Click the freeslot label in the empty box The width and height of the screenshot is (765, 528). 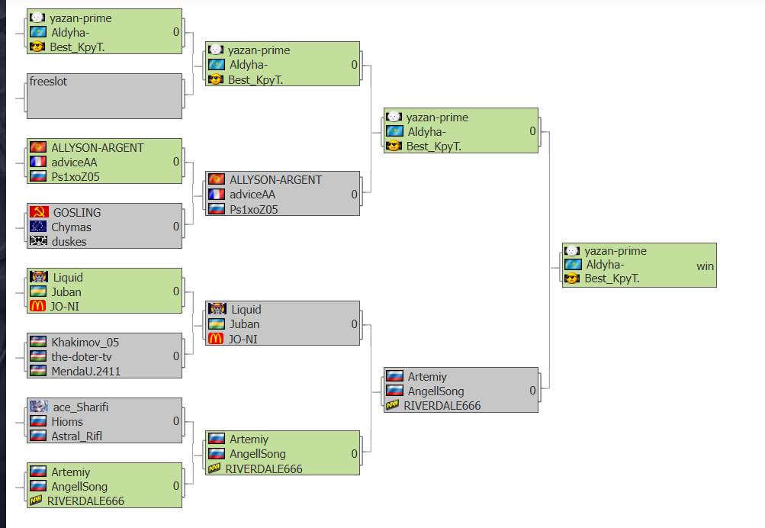pyautogui.click(x=48, y=82)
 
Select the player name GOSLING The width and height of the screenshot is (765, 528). pyautogui.click(x=77, y=213)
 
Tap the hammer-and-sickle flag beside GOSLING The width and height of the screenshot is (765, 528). pyautogui.click(x=39, y=212)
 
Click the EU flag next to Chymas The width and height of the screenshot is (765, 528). pyautogui.click(x=38, y=227)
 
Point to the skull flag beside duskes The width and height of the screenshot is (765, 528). pyautogui.click(x=39, y=240)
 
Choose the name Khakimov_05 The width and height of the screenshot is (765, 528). pyautogui.click(x=85, y=343)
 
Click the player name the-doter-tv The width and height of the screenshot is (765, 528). pyautogui.click(x=82, y=357)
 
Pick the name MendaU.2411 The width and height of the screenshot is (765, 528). pyautogui.click(x=86, y=372)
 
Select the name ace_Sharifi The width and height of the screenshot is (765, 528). pyautogui.click(x=81, y=407)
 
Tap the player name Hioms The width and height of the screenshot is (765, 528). pyautogui.click(x=67, y=422)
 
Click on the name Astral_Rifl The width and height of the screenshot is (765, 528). pyautogui.click(x=76, y=436)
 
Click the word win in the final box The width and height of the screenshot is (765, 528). pyautogui.click(x=705, y=266)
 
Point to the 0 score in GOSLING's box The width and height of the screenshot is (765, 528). pyautogui.click(x=176, y=227)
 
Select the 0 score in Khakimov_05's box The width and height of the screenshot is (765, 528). pyautogui.click(x=176, y=356)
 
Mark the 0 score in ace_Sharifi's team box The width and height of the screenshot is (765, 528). pyautogui.click(x=176, y=421)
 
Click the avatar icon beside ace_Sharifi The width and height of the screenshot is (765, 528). pyautogui.click(x=39, y=407)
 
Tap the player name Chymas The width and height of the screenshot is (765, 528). pyautogui.click(x=71, y=227)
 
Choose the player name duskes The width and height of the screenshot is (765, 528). pyautogui.click(x=69, y=242)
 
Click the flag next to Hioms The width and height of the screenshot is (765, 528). pyautogui.click(x=38, y=421)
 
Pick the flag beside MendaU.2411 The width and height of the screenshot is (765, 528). pyautogui.click(x=38, y=371)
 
